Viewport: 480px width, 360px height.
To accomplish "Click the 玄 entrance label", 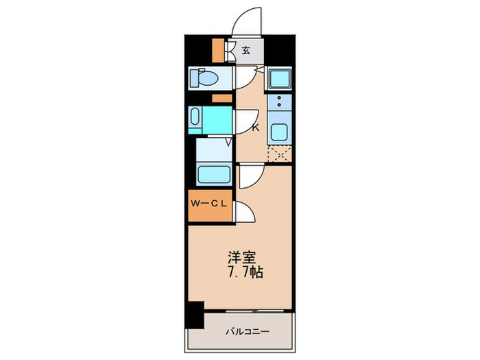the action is pyautogui.click(x=245, y=50).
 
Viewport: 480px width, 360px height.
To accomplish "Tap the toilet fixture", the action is pyautogui.click(x=204, y=77).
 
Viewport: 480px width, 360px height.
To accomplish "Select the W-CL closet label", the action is pyautogui.click(x=208, y=204).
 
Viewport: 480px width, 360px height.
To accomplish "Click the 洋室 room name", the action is pyautogui.click(x=241, y=258).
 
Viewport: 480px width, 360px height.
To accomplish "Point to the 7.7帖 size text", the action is pyautogui.click(x=245, y=272).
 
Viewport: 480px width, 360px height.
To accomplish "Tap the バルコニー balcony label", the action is pyautogui.click(x=248, y=331).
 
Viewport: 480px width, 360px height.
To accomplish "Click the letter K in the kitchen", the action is pyautogui.click(x=255, y=128).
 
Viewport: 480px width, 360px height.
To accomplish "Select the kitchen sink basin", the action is pyautogui.click(x=279, y=132).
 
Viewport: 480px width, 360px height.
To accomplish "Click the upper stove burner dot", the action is pyautogui.click(x=279, y=98).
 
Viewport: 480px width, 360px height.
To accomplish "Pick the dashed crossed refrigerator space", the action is pyautogui.click(x=280, y=154).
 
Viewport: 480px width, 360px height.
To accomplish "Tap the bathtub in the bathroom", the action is pyautogui.click(x=214, y=174).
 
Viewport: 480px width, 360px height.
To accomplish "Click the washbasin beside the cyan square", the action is pyautogui.click(x=195, y=117).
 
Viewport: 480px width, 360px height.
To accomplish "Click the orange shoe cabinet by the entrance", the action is pyautogui.click(x=218, y=50).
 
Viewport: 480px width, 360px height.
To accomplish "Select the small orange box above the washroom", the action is pyautogui.click(x=222, y=98).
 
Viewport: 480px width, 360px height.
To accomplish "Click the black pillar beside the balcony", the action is pyautogui.click(x=194, y=315).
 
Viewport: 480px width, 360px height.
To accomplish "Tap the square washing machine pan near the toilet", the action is pyautogui.click(x=280, y=78).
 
